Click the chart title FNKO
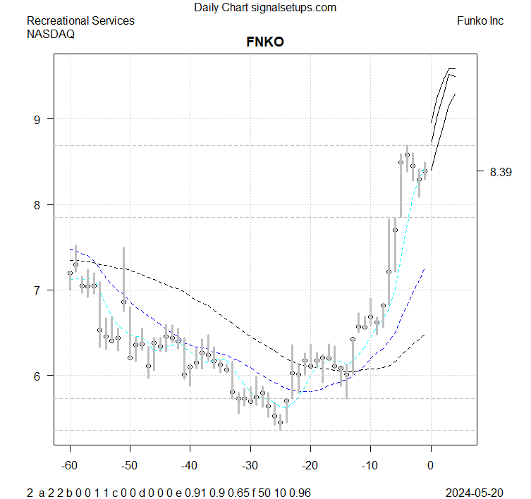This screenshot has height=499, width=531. pyautogui.click(x=265, y=42)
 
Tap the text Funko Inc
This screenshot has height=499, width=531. pyautogui.click(x=480, y=21)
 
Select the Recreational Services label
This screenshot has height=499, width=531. pyautogui.click(x=80, y=21)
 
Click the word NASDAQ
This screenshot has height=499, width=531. pyautogui.click(x=51, y=33)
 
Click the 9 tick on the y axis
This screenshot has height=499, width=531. pyautogui.click(x=40, y=119)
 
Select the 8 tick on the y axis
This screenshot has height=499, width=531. pyautogui.click(x=40, y=205)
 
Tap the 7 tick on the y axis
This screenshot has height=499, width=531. pyautogui.click(x=40, y=290)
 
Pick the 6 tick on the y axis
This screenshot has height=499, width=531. pyautogui.click(x=40, y=376)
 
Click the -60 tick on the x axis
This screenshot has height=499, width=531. pyautogui.click(x=70, y=465)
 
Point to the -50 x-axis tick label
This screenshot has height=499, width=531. pyautogui.click(x=130, y=465)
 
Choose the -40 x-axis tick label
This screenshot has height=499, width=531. pyautogui.click(x=190, y=465)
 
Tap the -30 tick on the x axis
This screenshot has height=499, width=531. pyautogui.click(x=250, y=465)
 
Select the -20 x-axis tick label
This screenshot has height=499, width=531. pyautogui.click(x=310, y=465)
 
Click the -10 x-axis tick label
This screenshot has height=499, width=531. pyautogui.click(x=370, y=465)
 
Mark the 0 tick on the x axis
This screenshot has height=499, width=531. pyautogui.click(x=430, y=465)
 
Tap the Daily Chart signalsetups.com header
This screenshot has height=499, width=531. pyautogui.click(x=265, y=8)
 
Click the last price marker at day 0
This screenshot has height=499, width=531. pyautogui.click(x=425, y=171)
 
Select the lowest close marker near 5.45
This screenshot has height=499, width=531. pyautogui.click(x=280, y=422)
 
